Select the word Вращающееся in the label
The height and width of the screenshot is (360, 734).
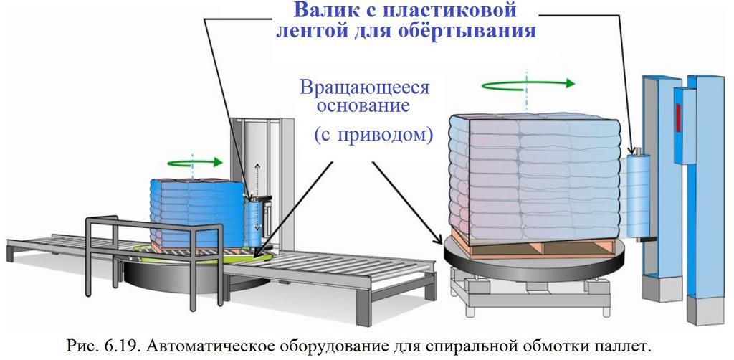pos(364,88)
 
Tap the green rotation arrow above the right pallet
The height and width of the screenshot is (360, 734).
pos(528,84)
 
